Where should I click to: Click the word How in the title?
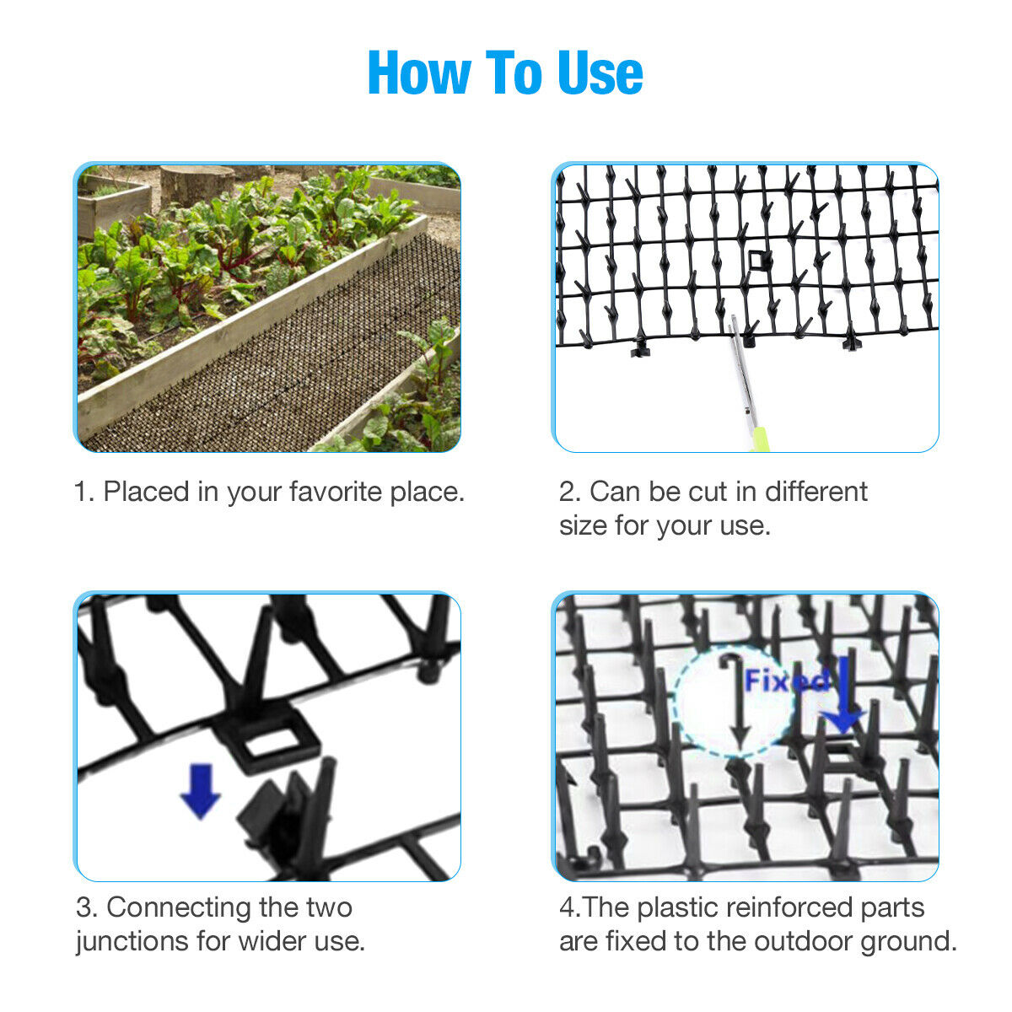(x=419, y=73)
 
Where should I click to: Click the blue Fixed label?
(x=787, y=681)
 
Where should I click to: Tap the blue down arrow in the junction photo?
(x=200, y=791)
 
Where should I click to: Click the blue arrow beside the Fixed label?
(x=842, y=696)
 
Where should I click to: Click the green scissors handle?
(x=761, y=439)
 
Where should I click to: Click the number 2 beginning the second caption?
(x=568, y=492)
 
